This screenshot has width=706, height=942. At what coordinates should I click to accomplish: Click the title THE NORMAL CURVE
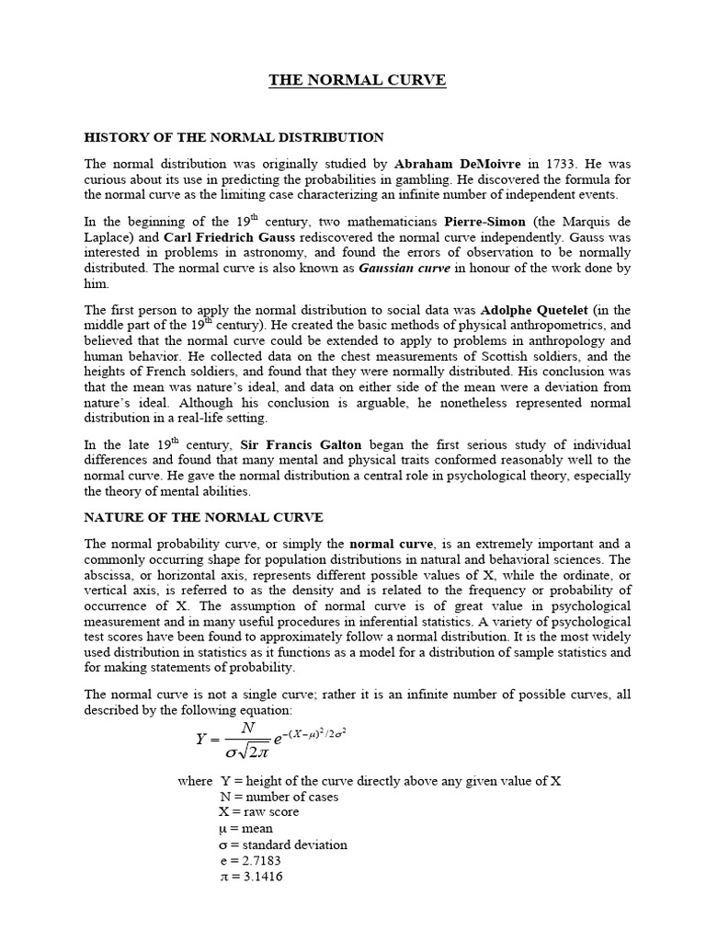click(357, 80)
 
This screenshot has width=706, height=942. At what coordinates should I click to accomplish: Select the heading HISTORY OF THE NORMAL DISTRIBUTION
click(234, 137)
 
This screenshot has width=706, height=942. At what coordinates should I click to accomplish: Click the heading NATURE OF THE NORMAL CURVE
click(203, 517)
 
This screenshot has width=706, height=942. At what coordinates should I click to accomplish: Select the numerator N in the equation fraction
click(247, 727)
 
